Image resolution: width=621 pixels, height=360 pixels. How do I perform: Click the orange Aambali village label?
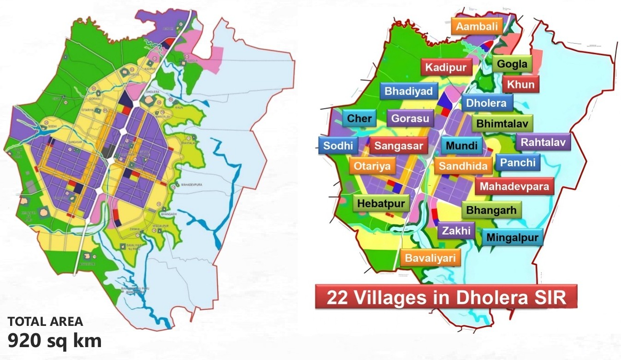click(x=477, y=27)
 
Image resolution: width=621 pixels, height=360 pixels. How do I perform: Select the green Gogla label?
click(x=512, y=64)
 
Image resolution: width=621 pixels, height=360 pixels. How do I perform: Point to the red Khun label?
click(x=521, y=85)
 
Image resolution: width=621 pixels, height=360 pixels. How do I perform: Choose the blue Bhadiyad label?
click(x=409, y=91)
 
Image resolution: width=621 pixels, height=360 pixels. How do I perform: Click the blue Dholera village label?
click(x=486, y=103)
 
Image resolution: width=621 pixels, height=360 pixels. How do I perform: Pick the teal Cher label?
click(x=359, y=118)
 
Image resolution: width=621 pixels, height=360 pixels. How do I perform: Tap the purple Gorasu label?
click(x=410, y=118)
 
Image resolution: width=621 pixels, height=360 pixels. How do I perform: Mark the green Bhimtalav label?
click(x=502, y=124)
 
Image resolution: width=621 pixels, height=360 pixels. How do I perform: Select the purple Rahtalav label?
click(x=543, y=142)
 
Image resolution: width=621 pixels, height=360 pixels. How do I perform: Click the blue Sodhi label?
click(x=338, y=146)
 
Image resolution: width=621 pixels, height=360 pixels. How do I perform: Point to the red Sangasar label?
click(x=398, y=146)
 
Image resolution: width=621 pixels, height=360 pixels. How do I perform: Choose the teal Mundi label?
click(x=462, y=146)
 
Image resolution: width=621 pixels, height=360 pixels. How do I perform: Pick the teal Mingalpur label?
click(x=512, y=237)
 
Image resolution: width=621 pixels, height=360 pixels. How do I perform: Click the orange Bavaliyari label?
click(x=430, y=257)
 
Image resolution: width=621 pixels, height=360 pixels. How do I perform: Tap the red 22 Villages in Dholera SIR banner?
click(x=446, y=297)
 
